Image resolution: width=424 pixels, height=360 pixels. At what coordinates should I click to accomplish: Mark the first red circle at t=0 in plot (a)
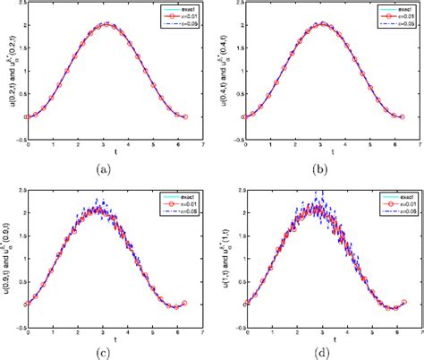(29, 116)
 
